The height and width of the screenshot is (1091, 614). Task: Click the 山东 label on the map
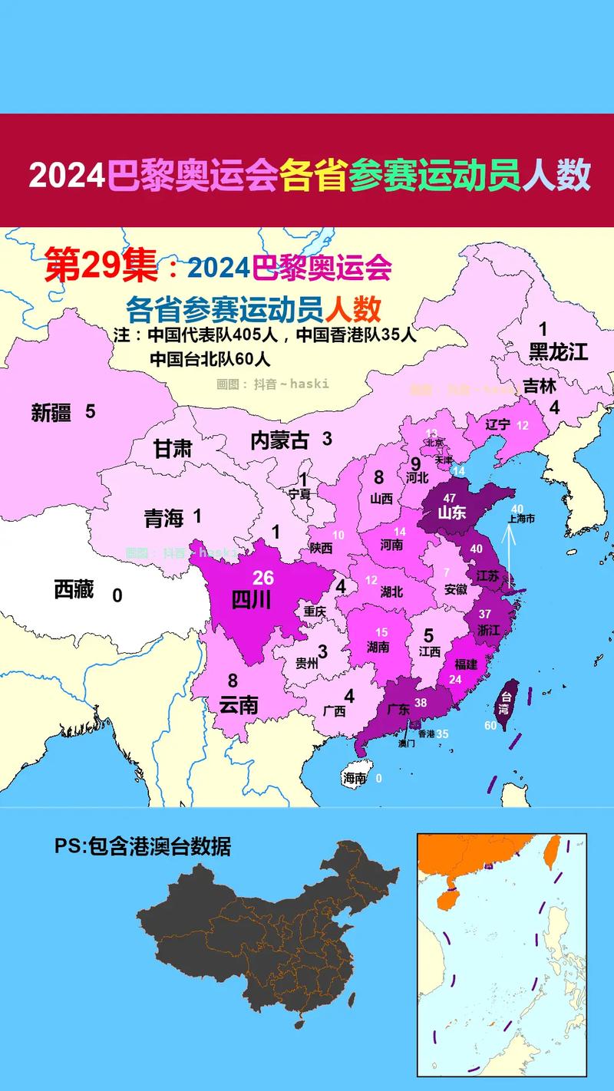452,513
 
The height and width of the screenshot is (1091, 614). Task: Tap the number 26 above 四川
263,578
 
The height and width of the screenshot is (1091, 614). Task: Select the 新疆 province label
51,413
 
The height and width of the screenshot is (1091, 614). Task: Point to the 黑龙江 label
558,352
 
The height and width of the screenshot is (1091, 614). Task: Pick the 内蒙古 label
279,440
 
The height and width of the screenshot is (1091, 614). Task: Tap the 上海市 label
521,519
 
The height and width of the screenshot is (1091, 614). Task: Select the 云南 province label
238,704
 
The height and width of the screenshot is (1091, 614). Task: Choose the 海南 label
355,778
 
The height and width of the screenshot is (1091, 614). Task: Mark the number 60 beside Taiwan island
490,725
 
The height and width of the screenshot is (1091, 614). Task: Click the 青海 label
163,519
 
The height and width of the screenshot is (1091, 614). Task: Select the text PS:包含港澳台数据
142,846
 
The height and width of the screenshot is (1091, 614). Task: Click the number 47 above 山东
450,498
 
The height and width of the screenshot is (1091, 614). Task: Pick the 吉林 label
540,386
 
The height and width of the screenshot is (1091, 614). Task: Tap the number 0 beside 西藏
117,595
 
